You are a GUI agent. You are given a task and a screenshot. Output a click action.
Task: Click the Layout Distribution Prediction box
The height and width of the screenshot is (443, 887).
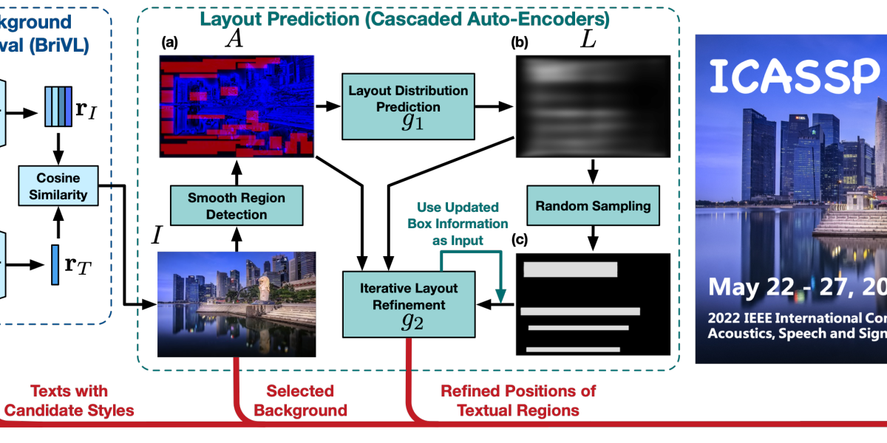[408, 106]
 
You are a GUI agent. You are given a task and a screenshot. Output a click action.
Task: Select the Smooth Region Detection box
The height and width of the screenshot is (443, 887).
[237, 205]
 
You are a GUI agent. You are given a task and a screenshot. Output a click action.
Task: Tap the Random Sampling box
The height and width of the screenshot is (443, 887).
[593, 205]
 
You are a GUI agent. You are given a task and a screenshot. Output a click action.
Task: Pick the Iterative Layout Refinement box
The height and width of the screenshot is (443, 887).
[408, 304]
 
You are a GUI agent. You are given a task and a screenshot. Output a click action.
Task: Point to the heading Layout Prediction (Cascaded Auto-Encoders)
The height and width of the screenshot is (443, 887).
[405, 19]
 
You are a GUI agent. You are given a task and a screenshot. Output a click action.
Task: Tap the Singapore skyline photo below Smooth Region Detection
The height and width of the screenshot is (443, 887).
[237, 303]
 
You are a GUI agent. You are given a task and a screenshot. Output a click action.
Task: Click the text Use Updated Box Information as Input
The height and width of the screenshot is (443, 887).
[458, 224]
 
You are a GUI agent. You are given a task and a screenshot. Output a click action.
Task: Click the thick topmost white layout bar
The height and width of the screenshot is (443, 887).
[570, 269]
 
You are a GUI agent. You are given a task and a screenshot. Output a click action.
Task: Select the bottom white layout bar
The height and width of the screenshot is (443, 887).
[573, 348]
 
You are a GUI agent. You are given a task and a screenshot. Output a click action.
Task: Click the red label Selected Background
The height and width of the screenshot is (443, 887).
[300, 401]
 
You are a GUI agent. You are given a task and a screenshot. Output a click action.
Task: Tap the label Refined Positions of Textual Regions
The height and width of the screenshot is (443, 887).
[517, 401]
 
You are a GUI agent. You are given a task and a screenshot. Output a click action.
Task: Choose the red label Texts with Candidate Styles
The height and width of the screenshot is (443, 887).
[69, 401]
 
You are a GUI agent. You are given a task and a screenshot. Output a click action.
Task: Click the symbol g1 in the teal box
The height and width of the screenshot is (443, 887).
[412, 122]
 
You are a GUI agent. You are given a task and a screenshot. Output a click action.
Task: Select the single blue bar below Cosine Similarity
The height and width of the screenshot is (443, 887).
[55, 264]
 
